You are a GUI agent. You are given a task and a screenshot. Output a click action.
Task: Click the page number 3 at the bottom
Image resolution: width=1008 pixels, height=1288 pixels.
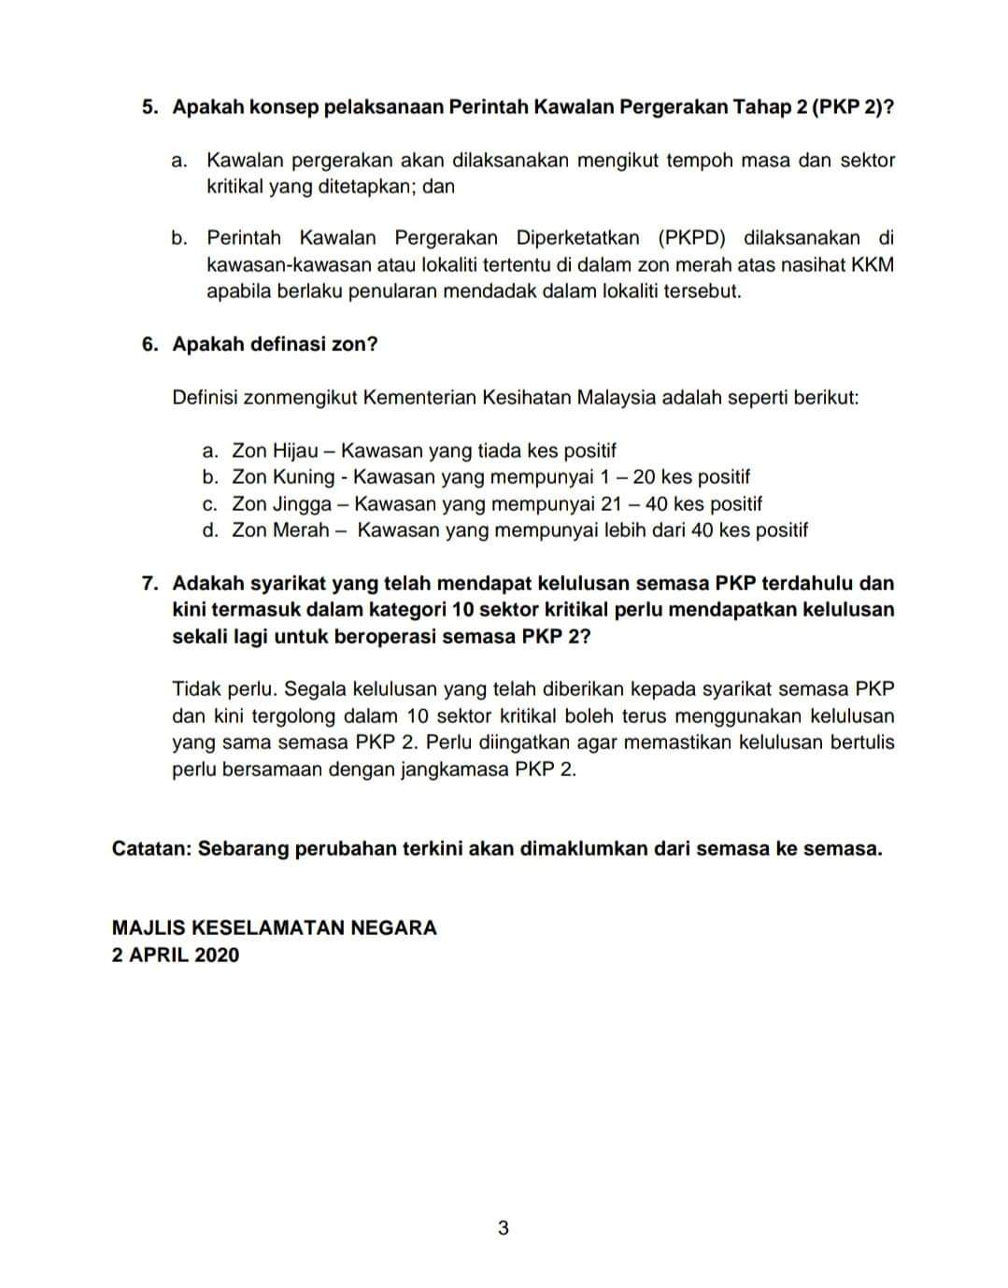click(x=504, y=1228)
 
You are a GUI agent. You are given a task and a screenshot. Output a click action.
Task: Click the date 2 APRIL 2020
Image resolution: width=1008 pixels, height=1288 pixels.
click(x=175, y=955)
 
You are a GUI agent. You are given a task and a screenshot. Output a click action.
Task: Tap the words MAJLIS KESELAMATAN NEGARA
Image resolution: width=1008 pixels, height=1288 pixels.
click(x=274, y=927)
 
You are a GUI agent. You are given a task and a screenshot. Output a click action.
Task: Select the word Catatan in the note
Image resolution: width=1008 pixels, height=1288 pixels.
click(x=149, y=849)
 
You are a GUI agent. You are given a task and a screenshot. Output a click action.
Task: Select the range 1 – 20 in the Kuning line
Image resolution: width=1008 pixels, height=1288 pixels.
click(x=628, y=477)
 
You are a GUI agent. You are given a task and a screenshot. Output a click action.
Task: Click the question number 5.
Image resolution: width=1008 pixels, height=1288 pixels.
click(x=149, y=106)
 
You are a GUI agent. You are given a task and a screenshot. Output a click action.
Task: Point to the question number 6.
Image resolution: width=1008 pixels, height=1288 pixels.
click(x=149, y=344)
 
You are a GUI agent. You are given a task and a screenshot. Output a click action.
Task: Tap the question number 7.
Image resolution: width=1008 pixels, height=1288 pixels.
click(x=149, y=584)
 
